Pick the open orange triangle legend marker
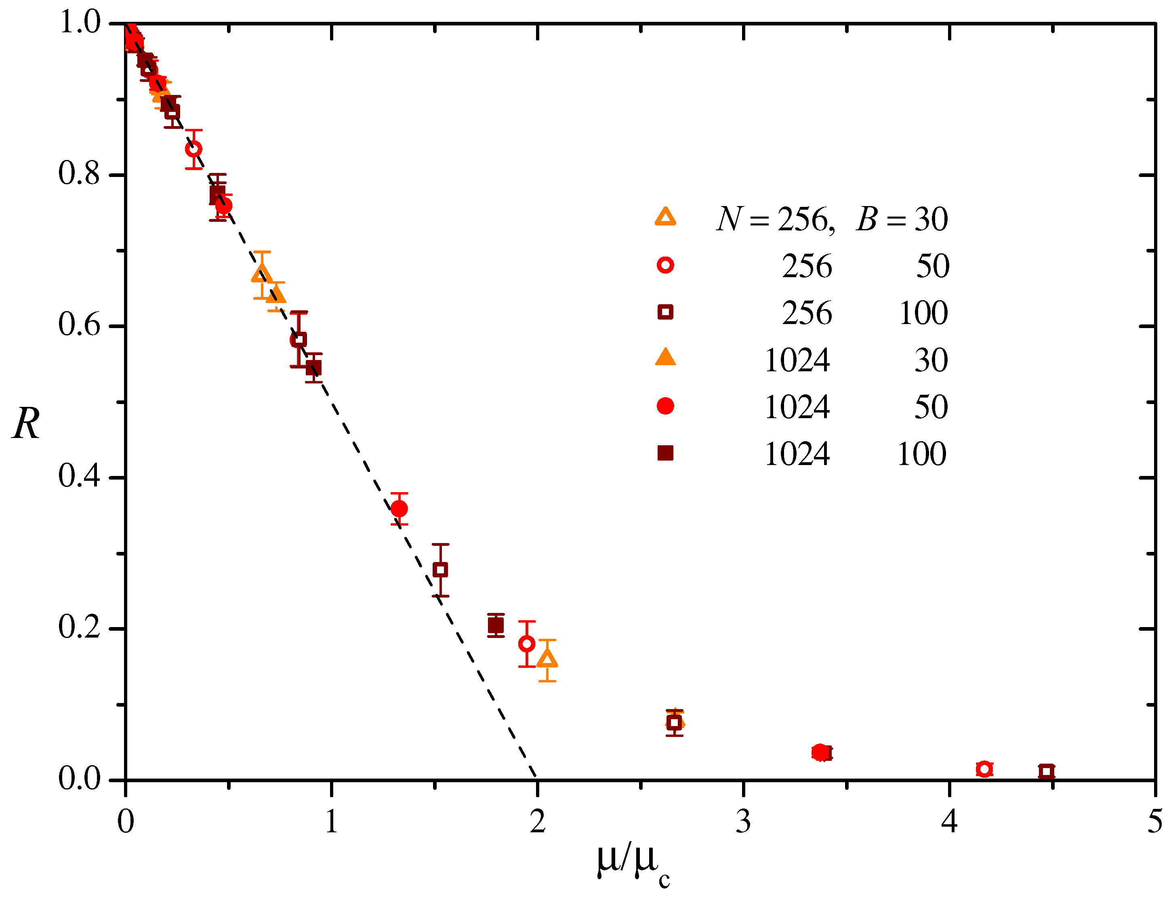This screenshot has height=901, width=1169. (x=665, y=217)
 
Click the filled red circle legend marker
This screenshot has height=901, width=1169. (x=665, y=406)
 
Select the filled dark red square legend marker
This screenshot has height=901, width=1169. (x=665, y=453)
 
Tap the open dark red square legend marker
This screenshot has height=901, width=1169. (x=665, y=312)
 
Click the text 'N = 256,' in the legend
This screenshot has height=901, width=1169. (x=775, y=219)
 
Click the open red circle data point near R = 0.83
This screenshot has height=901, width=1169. (x=194, y=149)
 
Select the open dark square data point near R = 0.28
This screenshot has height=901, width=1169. (x=441, y=570)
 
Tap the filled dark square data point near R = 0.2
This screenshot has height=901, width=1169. (x=496, y=625)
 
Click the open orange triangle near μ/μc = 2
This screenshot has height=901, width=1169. (x=547, y=659)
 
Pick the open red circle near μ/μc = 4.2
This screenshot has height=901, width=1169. (x=984, y=769)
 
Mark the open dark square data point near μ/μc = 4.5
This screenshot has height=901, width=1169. (x=1047, y=771)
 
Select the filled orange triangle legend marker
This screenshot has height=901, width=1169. (x=665, y=358)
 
